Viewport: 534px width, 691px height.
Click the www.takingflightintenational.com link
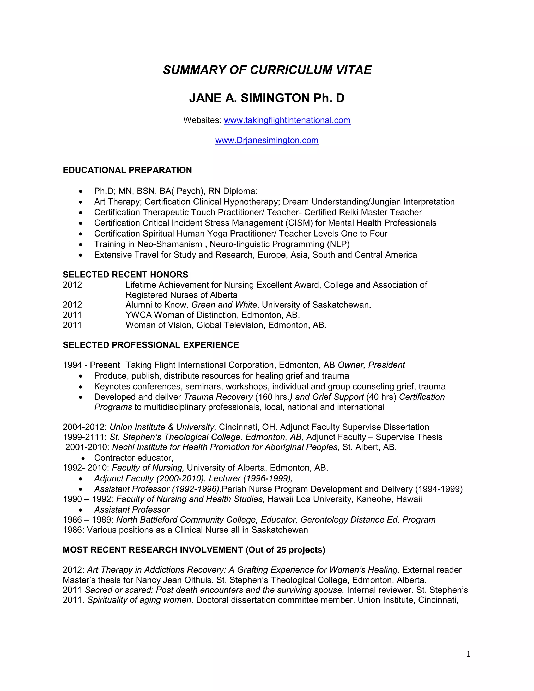pos(287,120)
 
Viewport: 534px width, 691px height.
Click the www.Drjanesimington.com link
pos(267,140)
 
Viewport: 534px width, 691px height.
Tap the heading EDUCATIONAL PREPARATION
pos(127,170)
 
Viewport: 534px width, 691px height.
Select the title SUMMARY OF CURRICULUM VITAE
pos(267,70)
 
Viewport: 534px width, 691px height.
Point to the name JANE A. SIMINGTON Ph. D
pos(267,98)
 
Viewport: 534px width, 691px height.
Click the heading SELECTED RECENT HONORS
pos(125,275)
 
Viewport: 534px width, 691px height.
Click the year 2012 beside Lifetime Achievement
pos(72,285)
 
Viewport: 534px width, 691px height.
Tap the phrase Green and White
pos(224,305)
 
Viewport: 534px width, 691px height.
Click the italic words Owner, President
pos(371,365)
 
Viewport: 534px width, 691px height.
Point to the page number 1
pos(468,654)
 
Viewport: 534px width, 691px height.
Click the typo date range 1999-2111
pos(84,437)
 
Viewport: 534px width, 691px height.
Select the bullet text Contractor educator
pos(133,458)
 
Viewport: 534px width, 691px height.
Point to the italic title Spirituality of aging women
pos(139,600)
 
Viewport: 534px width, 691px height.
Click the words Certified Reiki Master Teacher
pos(363,212)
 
